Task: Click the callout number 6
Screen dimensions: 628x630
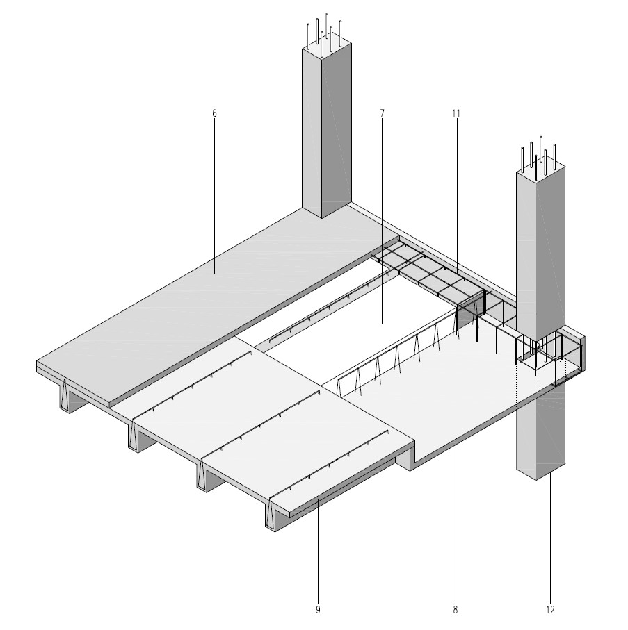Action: tap(214, 113)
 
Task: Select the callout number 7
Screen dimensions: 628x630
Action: tap(383, 113)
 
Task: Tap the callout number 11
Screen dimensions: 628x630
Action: tap(456, 113)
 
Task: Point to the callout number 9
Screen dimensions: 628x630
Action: tap(318, 609)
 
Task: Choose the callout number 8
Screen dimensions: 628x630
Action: tap(456, 609)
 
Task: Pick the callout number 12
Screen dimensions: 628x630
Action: tap(550, 609)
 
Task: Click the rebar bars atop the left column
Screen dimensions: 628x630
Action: tap(325, 32)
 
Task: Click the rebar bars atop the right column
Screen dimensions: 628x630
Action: tap(539, 157)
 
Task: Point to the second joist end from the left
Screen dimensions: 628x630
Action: tap(134, 436)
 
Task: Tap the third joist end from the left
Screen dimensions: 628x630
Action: tap(202, 475)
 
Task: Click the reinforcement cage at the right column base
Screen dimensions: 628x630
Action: tap(535, 354)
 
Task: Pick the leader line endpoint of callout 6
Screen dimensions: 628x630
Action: tap(214, 273)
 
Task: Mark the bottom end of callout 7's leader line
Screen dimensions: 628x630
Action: tap(383, 324)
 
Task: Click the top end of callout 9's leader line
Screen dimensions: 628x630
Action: tap(318, 499)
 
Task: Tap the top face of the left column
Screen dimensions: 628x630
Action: tap(327, 47)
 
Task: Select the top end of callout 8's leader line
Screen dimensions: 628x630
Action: tap(456, 441)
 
